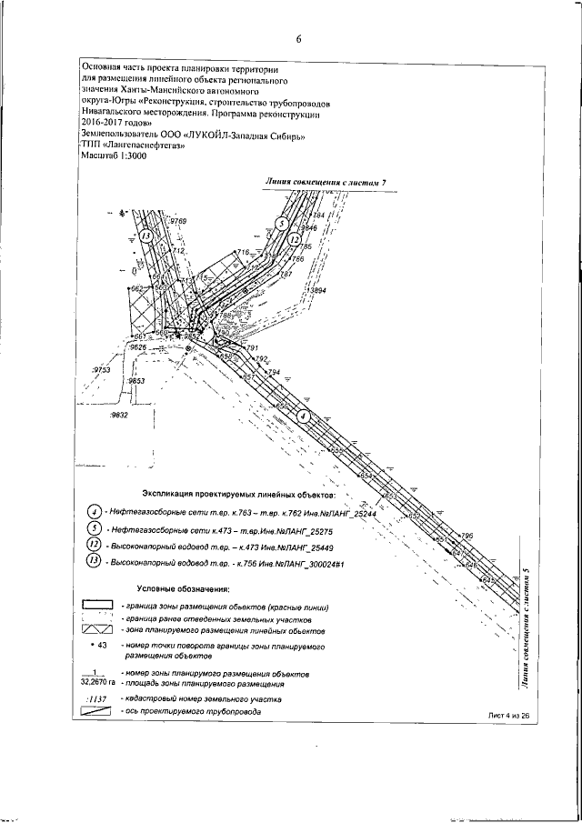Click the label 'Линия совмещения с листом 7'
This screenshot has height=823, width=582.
pos(326,183)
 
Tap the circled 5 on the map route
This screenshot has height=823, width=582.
pos(283,224)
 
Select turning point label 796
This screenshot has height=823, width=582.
pos(468,537)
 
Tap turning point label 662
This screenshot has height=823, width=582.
pos(138,289)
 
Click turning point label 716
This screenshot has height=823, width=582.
pos(241,252)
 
